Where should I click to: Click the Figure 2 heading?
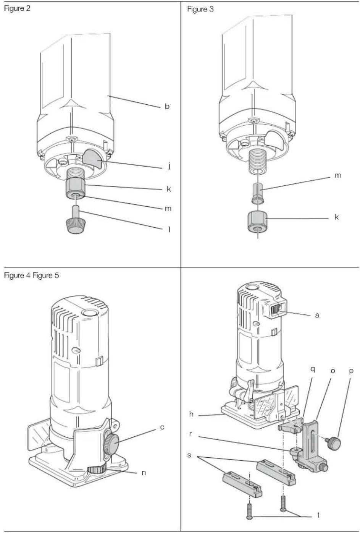[x=17, y=8]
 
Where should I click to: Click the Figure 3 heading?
[x=200, y=9]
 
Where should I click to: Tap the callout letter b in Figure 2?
[x=167, y=106]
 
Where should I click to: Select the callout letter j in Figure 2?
[x=169, y=165]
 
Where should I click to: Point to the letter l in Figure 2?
[x=169, y=230]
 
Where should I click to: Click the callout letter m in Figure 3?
[x=337, y=176]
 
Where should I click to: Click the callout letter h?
[x=191, y=414]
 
